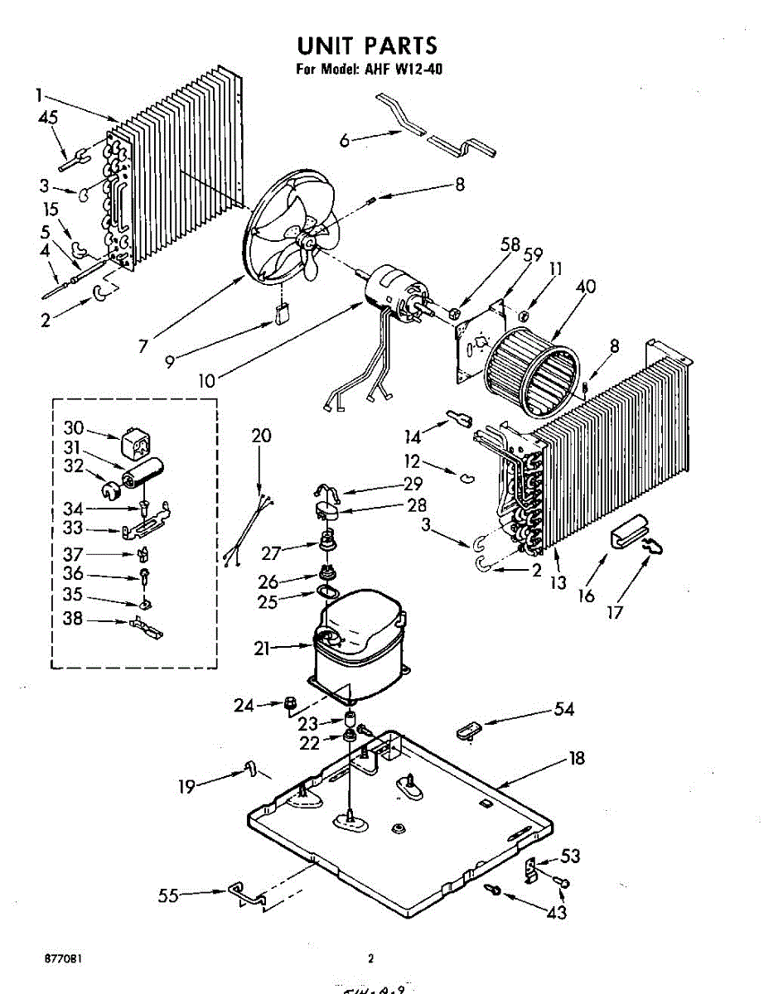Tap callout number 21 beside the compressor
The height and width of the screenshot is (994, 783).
click(262, 649)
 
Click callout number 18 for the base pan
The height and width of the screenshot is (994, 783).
click(577, 757)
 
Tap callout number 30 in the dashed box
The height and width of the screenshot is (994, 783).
click(75, 427)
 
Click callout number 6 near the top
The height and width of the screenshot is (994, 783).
click(344, 141)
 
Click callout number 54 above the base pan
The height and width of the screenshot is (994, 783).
click(563, 709)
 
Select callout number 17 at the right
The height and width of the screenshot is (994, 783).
click(614, 613)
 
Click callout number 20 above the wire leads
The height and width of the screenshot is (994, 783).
click(261, 436)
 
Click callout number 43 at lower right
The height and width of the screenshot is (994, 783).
click(557, 913)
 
